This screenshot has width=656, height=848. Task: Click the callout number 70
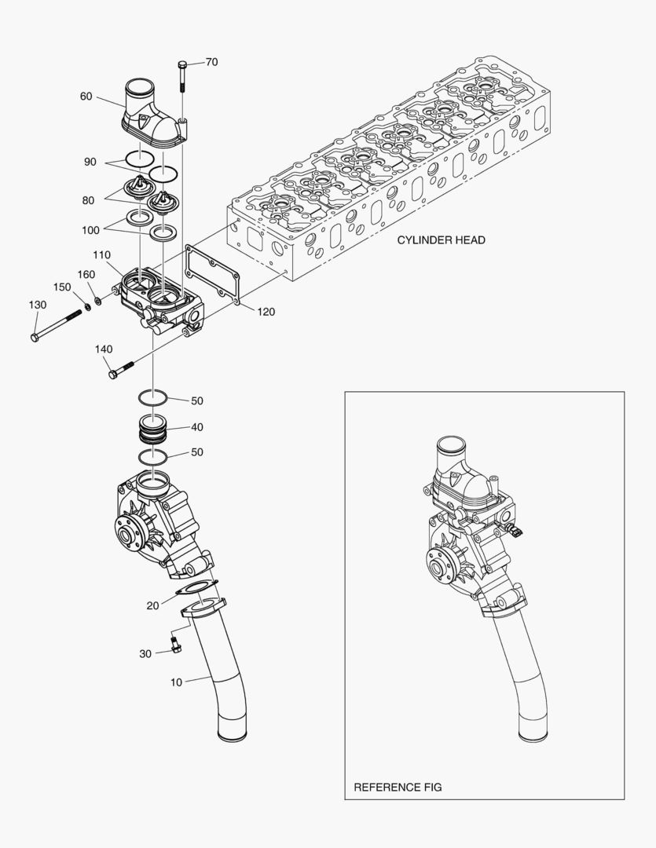tap(211, 62)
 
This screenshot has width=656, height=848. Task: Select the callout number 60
tap(86, 97)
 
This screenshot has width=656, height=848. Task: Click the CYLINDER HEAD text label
tap(441, 240)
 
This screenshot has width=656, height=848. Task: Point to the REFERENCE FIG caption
tap(398, 787)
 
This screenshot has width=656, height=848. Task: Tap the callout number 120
tap(266, 312)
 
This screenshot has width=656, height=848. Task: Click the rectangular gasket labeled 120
tap(212, 275)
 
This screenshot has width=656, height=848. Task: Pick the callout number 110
tap(101, 255)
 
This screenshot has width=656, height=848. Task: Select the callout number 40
tap(196, 427)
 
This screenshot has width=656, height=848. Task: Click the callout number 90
tap(90, 162)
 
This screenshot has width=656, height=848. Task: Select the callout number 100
tap(90, 230)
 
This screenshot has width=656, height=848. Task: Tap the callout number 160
tap(86, 274)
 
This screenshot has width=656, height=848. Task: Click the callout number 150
tap(62, 287)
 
